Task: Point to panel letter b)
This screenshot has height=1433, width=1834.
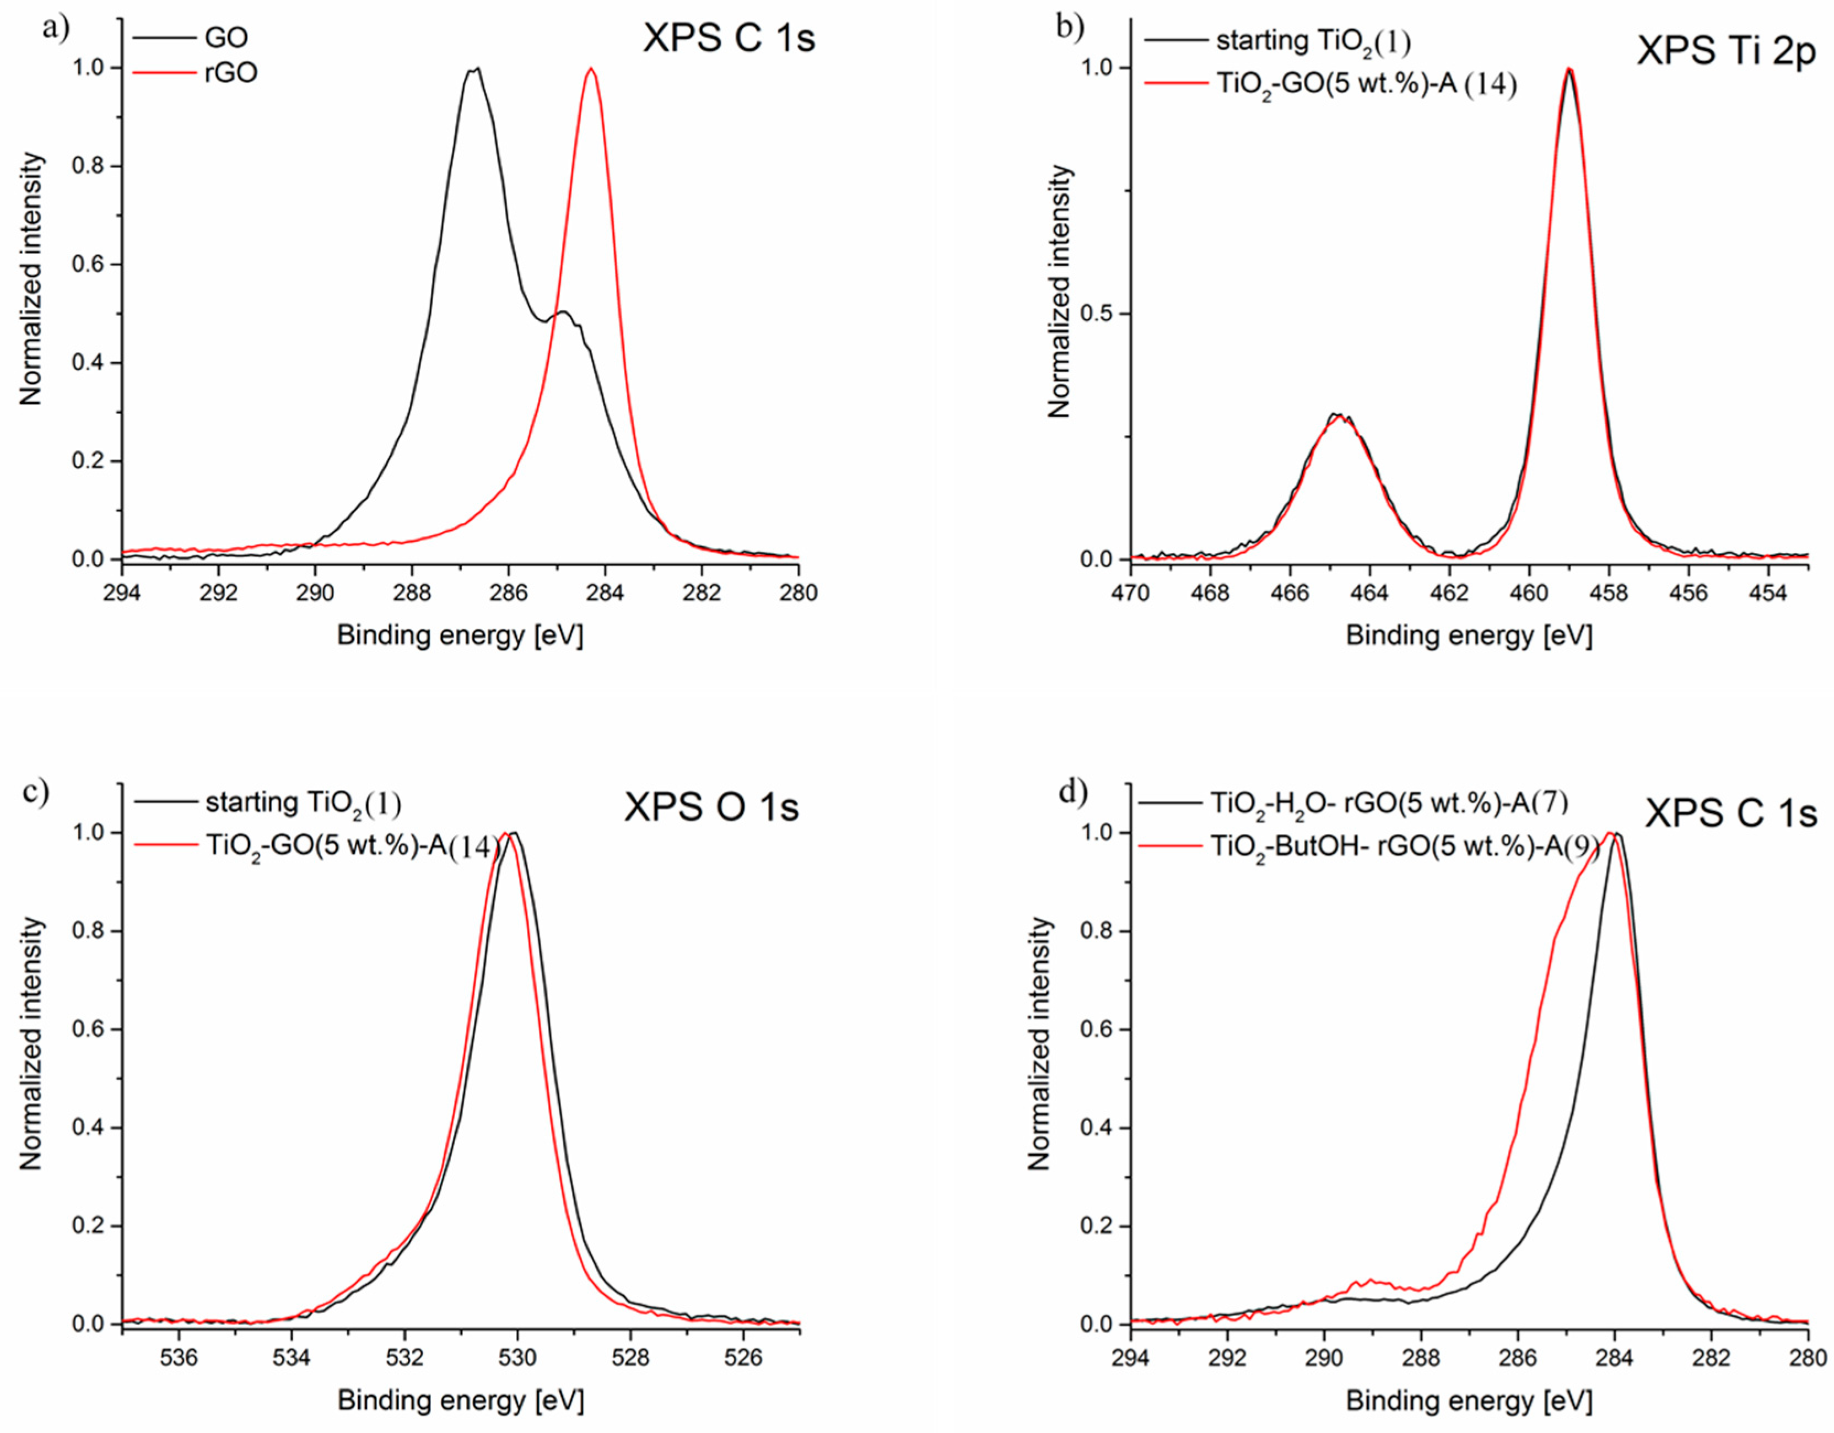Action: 1070,28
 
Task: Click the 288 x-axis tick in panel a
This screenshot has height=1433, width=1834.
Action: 412,593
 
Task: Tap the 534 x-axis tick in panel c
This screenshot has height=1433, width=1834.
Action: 292,1357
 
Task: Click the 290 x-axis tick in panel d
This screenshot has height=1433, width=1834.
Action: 1324,1357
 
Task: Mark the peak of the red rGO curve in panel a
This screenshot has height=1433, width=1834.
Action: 591,69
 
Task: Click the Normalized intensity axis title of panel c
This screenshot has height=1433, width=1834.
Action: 31,1043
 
